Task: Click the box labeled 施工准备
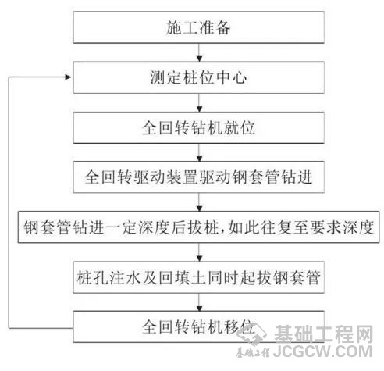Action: click(198, 27)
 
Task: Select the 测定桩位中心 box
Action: click(198, 77)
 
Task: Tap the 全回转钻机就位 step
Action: click(198, 128)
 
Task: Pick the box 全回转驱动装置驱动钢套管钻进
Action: click(198, 177)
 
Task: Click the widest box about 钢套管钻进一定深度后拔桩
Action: click(198, 227)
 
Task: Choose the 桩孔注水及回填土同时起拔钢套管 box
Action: click(198, 277)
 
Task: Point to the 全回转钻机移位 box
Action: click(198, 326)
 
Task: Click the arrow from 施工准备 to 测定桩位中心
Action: click(199, 52)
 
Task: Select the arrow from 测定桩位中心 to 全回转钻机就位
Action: click(199, 103)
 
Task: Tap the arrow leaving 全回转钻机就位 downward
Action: click(199, 152)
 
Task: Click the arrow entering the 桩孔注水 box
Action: click(199, 252)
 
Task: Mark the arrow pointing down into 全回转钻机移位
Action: click(199, 302)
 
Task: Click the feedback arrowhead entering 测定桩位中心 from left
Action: click(69, 77)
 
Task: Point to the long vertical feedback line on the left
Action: click(9, 202)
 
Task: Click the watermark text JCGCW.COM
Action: click(322, 351)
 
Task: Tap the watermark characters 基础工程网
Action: click(324, 334)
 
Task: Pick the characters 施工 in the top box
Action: click(182, 27)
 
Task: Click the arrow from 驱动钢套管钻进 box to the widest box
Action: click(199, 202)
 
